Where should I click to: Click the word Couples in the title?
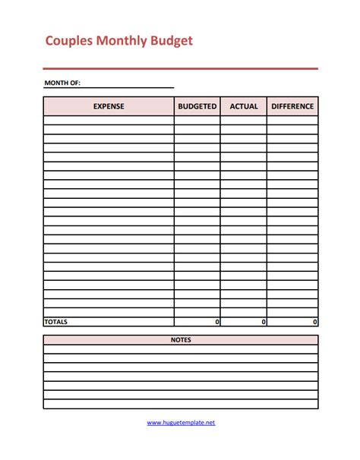pos(68,41)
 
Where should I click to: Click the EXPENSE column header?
pos(109,106)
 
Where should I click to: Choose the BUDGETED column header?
pos(197,106)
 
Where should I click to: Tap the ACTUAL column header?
pos(244,106)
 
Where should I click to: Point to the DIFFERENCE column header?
pos(292,106)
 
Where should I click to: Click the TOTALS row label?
pos(56,322)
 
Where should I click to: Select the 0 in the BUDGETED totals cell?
pos(217,322)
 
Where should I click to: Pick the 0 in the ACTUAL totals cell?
pos(264,322)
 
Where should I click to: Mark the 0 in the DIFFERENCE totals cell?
pos(315,322)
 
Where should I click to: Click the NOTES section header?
pos(181,339)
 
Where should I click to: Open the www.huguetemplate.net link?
pos(181,422)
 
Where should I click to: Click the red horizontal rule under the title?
pos(181,68)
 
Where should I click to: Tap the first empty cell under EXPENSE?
pos(109,120)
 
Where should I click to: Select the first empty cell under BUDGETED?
pos(197,120)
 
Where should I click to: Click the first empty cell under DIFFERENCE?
pos(292,120)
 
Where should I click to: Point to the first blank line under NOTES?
pos(181,349)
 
